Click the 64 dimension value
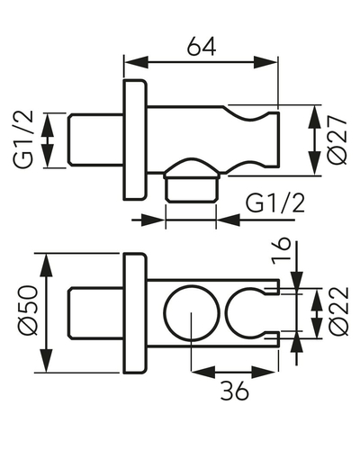pyautogui.click(x=202, y=47)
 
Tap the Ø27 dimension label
pyautogui.click(x=337, y=140)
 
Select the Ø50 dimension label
pyautogui.click(x=28, y=310)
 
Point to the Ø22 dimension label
pyautogui.click(x=339, y=311)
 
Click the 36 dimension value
pyautogui.click(x=235, y=391)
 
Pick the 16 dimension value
pyautogui.click(x=281, y=251)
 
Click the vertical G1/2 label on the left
pyautogui.click(x=22, y=139)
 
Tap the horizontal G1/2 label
pyautogui.click(x=275, y=203)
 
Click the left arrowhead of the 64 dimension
pyautogui.click(x=137, y=63)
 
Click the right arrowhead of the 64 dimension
pyautogui.click(x=265, y=63)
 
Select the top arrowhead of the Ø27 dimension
pyautogui.click(x=315, y=117)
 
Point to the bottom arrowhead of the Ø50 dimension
pyautogui.click(x=46, y=360)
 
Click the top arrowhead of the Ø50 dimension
pyautogui.click(x=46, y=265)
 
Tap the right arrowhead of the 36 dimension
pyautogui.click(x=264, y=373)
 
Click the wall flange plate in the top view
pyautogui.click(x=135, y=139)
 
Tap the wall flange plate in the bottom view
pyautogui.click(x=135, y=313)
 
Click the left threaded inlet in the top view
pyautogui.click(x=95, y=139)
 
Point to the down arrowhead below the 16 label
pyautogui.click(x=297, y=280)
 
